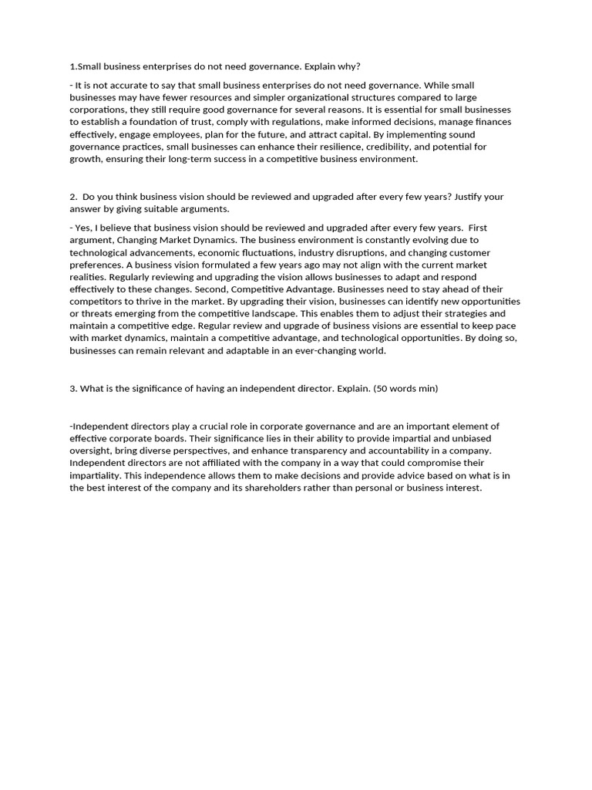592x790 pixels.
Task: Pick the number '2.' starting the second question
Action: [73, 197]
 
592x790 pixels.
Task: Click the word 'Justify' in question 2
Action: [469, 197]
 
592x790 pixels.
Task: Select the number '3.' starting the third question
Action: [73, 389]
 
